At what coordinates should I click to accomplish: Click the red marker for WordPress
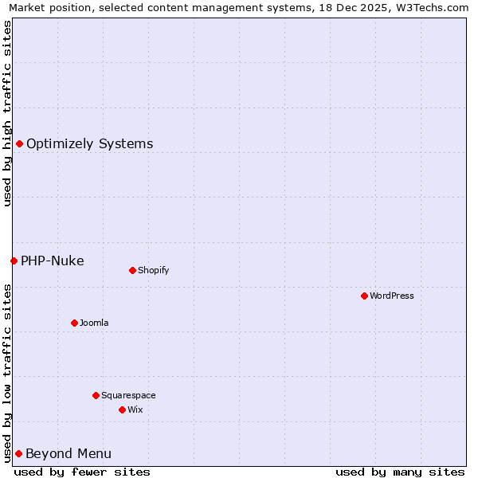click(x=364, y=296)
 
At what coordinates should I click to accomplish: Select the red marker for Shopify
click(x=132, y=270)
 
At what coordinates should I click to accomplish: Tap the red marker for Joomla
click(x=74, y=323)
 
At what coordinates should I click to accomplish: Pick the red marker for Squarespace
click(x=96, y=395)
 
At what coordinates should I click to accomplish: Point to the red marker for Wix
click(x=122, y=409)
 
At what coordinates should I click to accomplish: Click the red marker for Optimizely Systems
click(x=19, y=143)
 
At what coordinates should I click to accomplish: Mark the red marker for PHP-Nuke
click(x=14, y=261)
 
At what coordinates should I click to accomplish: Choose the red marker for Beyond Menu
click(x=18, y=453)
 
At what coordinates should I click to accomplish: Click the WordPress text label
click(x=392, y=296)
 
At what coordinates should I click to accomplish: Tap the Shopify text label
click(x=154, y=270)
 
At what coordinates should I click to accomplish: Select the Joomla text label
click(x=94, y=323)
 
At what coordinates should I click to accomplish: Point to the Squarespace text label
click(x=128, y=395)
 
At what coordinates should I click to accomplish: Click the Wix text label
click(x=135, y=409)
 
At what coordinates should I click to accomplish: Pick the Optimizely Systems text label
click(x=90, y=144)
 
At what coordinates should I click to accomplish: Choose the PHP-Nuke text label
click(x=53, y=261)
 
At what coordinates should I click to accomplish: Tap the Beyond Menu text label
click(x=69, y=454)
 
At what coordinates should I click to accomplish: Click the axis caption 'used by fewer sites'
click(x=82, y=472)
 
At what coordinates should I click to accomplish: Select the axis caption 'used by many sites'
click(x=400, y=472)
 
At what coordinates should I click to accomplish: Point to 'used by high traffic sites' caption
click(x=7, y=113)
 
